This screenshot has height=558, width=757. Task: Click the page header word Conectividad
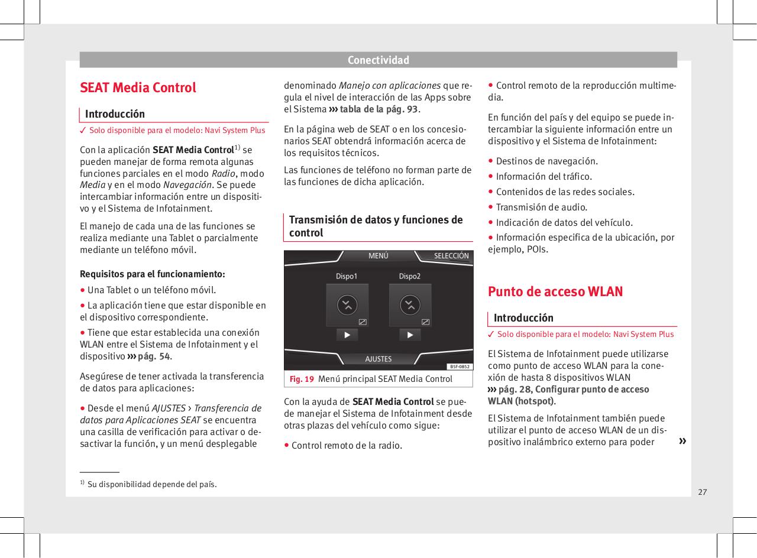coord(378,60)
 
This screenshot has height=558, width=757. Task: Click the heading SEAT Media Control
coord(138,87)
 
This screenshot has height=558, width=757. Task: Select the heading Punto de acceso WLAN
coord(555,291)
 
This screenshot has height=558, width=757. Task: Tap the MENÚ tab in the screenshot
coord(378,256)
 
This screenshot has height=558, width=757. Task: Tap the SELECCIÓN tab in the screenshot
coord(451,256)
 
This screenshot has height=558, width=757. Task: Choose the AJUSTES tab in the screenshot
coord(378,359)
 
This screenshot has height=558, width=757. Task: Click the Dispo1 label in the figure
coord(347,276)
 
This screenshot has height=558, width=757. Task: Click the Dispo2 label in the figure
coord(409,276)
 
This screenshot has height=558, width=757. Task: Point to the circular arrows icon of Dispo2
coord(409,305)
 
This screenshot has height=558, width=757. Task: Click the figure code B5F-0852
coord(459,366)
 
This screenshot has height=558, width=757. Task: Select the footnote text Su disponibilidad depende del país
coord(151,485)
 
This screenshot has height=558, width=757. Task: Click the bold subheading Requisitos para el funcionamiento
coord(152,274)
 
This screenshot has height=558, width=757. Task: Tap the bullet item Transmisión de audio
coord(541,207)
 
